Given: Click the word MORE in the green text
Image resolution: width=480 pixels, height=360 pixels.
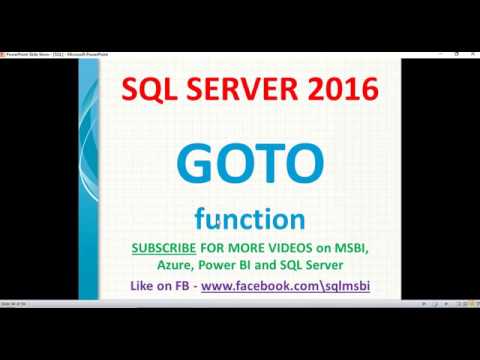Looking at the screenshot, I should (246, 248).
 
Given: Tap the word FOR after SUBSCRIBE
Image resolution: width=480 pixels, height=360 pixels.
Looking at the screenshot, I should (218, 248).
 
